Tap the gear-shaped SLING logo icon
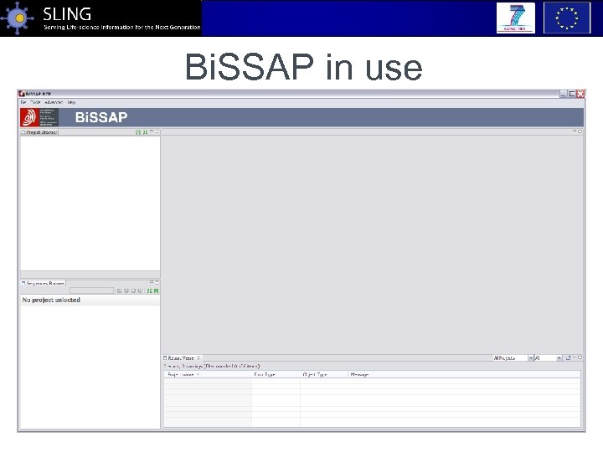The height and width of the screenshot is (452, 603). pos(18,18)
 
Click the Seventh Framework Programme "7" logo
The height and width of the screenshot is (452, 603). pos(515,18)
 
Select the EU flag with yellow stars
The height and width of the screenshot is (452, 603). pos(566,18)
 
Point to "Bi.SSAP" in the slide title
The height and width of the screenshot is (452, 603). pos(250,67)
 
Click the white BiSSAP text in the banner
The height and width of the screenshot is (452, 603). pos(101,117)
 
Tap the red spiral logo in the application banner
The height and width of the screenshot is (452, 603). pos(29,117)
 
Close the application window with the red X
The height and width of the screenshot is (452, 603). pos(580,94)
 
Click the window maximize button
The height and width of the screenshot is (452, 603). pos(572,94)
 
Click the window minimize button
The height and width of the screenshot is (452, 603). pos(564,94)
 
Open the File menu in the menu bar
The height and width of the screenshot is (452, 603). pos(23,102)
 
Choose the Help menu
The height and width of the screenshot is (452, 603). pos(71,102)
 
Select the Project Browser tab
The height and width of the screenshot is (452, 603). pos(40,132)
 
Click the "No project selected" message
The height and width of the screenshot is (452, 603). pos(51,300)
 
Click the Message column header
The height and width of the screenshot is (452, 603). pos(359,374)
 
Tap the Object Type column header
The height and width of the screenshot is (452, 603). pos(315,374)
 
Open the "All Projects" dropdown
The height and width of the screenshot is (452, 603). pos(511,357)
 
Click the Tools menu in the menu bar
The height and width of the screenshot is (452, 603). pos(35,102)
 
